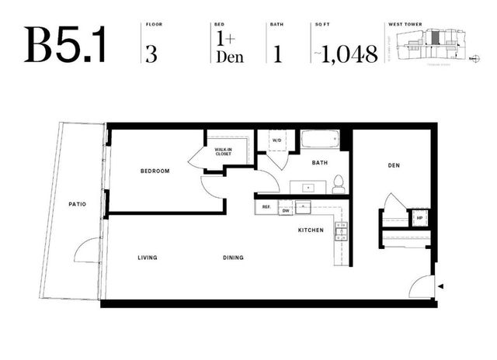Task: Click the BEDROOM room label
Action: (x=155, y=171)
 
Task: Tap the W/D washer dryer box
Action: (x=277, y=141)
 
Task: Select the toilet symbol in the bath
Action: (x=339, y=184)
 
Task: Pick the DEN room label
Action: (x=393, y=165)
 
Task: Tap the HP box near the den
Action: (x=419, y=218)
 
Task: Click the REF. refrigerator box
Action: (x=266, y=208)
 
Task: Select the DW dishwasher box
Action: (x=286, y=210)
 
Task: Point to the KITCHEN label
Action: (x=311, y=231)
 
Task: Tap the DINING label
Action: (x=232, y=258)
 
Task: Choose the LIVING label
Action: (x=148, y=258)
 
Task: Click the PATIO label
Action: (x=77, y=204)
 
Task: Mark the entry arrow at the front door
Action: (x=441, y=288)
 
